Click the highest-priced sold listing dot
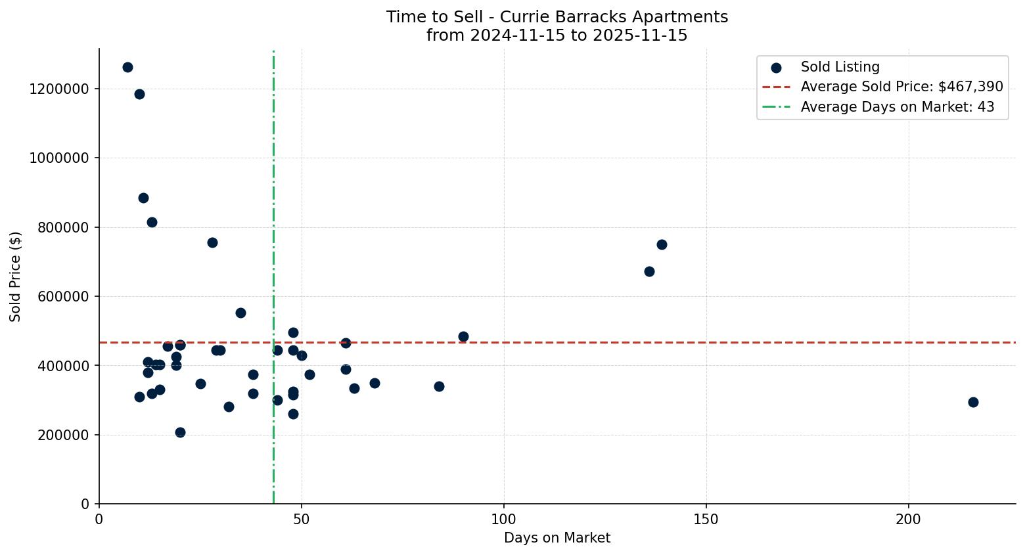click(x=127, y=68)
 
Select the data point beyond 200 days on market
click(x=973, y=402)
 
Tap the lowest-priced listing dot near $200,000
click(x=180, y=432)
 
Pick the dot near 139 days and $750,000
click(x=662, y=244)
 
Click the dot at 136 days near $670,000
click(x=649, y=271)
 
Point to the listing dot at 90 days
click(x=463, y=336)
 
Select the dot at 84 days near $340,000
click(x=439, y=386)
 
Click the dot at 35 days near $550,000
click(x=240, y=313)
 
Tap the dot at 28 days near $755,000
click(x=212, y=242)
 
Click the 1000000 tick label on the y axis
click(x=59, y=158)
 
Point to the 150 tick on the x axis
click(x=706, y=519)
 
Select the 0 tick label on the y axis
click(x=85, y=504)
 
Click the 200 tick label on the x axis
click(x=909, y=519)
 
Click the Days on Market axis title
click(x=557, y=538)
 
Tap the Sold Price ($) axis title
click(x=15, y=276)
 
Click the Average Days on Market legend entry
click(x=897, y=107)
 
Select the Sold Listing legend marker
click(x=776, y=68)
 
